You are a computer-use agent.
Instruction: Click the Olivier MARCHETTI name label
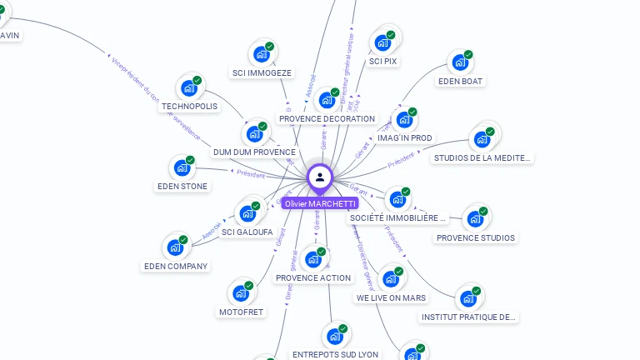[320, 203]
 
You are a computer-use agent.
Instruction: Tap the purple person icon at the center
[320, 177]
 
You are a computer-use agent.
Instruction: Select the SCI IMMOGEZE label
[262, 72]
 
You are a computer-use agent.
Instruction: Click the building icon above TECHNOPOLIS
[190, 87]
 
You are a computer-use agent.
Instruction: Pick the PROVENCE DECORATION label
[327, 118]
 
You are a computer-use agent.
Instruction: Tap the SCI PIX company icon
[383, 42]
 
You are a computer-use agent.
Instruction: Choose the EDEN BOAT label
[461, 81]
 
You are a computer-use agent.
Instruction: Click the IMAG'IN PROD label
[405, 137]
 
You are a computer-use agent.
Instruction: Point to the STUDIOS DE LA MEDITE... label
[482, 157]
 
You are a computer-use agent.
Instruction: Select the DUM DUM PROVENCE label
[254, 152]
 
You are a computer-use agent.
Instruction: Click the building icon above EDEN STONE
[182, 167]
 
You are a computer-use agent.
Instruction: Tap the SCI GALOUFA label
[247, 232]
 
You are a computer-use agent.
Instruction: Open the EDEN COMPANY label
[176, 266]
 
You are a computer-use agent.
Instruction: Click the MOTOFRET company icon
[241, 292]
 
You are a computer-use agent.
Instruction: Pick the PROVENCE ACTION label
[313, 277]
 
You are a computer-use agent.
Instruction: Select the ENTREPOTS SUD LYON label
[335, 354]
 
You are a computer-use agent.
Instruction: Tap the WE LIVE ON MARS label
[391, 297]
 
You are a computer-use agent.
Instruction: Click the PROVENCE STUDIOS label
[475, 237]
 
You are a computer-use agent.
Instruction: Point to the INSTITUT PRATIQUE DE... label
[469, 317]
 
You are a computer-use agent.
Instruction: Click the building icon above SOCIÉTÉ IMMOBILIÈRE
[398, 198]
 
